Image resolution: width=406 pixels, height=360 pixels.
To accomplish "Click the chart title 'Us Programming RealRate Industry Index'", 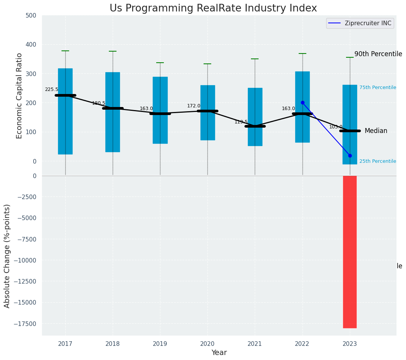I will click(x=213, y=8).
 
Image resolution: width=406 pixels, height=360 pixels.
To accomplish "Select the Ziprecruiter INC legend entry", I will click(x=360, y=23).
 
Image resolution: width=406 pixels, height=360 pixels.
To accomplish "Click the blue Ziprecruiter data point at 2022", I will click(x=302, y=102).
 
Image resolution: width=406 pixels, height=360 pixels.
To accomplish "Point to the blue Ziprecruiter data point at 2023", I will click(x=350, y=156).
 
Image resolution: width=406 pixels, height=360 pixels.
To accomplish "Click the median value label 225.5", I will click(x=52, y=89).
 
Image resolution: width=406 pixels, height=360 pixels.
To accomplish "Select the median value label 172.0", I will click(x=194, y=106).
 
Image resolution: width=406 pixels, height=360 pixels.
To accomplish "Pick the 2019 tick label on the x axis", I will click(x=160, y=344).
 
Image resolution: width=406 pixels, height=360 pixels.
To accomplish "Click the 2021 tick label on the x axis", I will click(x=255, y=344).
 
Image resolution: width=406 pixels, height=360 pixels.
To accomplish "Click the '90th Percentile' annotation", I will click(x=378, y=54).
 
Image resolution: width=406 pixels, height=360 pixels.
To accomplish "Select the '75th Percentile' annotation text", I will click(x=378, y=88).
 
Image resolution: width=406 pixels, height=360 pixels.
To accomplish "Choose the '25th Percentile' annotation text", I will click(x=378, y=161).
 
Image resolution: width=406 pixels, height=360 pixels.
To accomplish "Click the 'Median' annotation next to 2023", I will click(x=376, y=131).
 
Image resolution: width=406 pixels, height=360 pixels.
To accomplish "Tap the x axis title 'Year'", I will click(x=219, y=353).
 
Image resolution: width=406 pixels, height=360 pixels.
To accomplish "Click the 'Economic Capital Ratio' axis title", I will click(x=19, y=96).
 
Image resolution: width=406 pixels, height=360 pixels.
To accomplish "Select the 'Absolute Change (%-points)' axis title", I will click(x=7, y=256).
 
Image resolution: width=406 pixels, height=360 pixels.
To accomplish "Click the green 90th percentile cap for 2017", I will click(x=65, y=51).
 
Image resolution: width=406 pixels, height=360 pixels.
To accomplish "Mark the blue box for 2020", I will click(x=208, y=113).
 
